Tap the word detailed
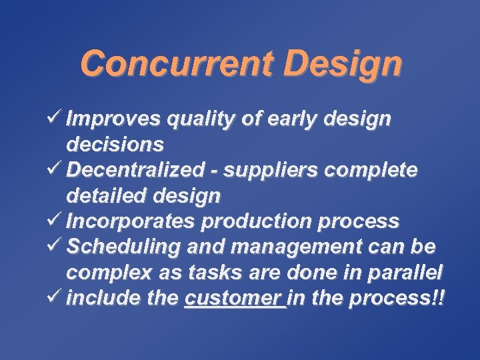pos(107,196)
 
